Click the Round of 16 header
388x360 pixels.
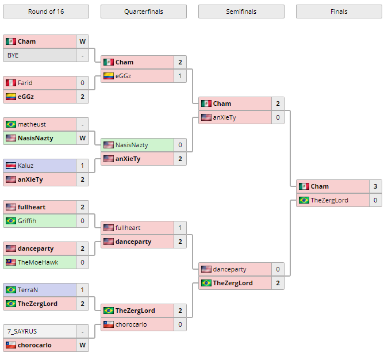coord(45,12)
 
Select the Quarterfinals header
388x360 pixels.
coord(143,12)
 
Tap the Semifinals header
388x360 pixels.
coord(241,12)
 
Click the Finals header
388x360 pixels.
coord(339,12)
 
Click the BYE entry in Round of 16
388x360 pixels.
coord(13,55)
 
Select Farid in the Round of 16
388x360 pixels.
coord(25,83)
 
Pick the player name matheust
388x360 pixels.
coord(32,124)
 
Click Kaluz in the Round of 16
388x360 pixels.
coord(25,166)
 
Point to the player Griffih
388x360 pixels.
coord(27,221)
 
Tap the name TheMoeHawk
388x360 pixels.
coord(38,262)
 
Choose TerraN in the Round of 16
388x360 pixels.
coord(28,290)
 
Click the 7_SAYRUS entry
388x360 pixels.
coord(22,331)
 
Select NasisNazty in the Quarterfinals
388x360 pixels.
coord(132,145)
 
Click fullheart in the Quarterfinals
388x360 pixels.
coord(128,228)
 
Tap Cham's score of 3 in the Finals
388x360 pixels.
coord(375,186)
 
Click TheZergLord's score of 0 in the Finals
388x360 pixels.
coord(375,200)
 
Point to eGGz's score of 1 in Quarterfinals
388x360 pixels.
coord(180,76)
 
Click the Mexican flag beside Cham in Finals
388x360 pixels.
coord(304,186)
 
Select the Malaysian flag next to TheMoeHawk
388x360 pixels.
coord(10,262)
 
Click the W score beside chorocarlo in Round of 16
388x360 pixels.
coord(82,345)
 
